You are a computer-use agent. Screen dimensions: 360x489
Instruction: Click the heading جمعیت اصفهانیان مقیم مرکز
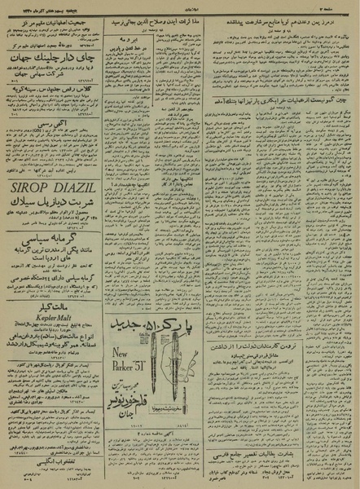tap(51, 16)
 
